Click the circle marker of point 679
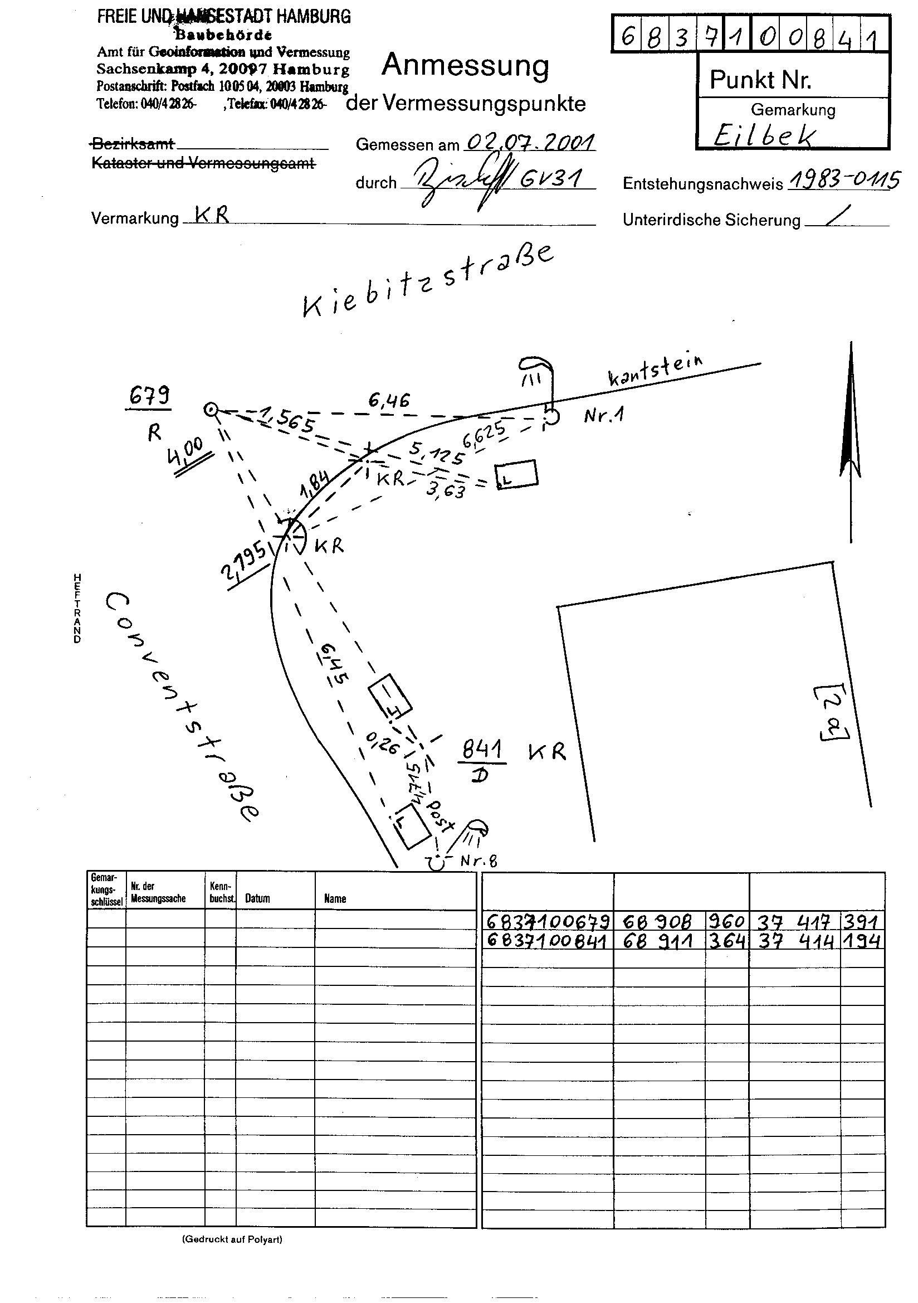tap(211, 410)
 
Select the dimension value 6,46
tap(389, 401)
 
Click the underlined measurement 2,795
tap(244, 560)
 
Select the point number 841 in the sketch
tap(482, 750)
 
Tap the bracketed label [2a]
tap(832, 712)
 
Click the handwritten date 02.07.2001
tap(530, 142)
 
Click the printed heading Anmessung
tap(465, 65)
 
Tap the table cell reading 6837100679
tap(548, 921)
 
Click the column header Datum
tap(257, 898)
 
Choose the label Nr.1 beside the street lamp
tap(604, 416)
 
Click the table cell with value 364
tap(727, 940)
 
